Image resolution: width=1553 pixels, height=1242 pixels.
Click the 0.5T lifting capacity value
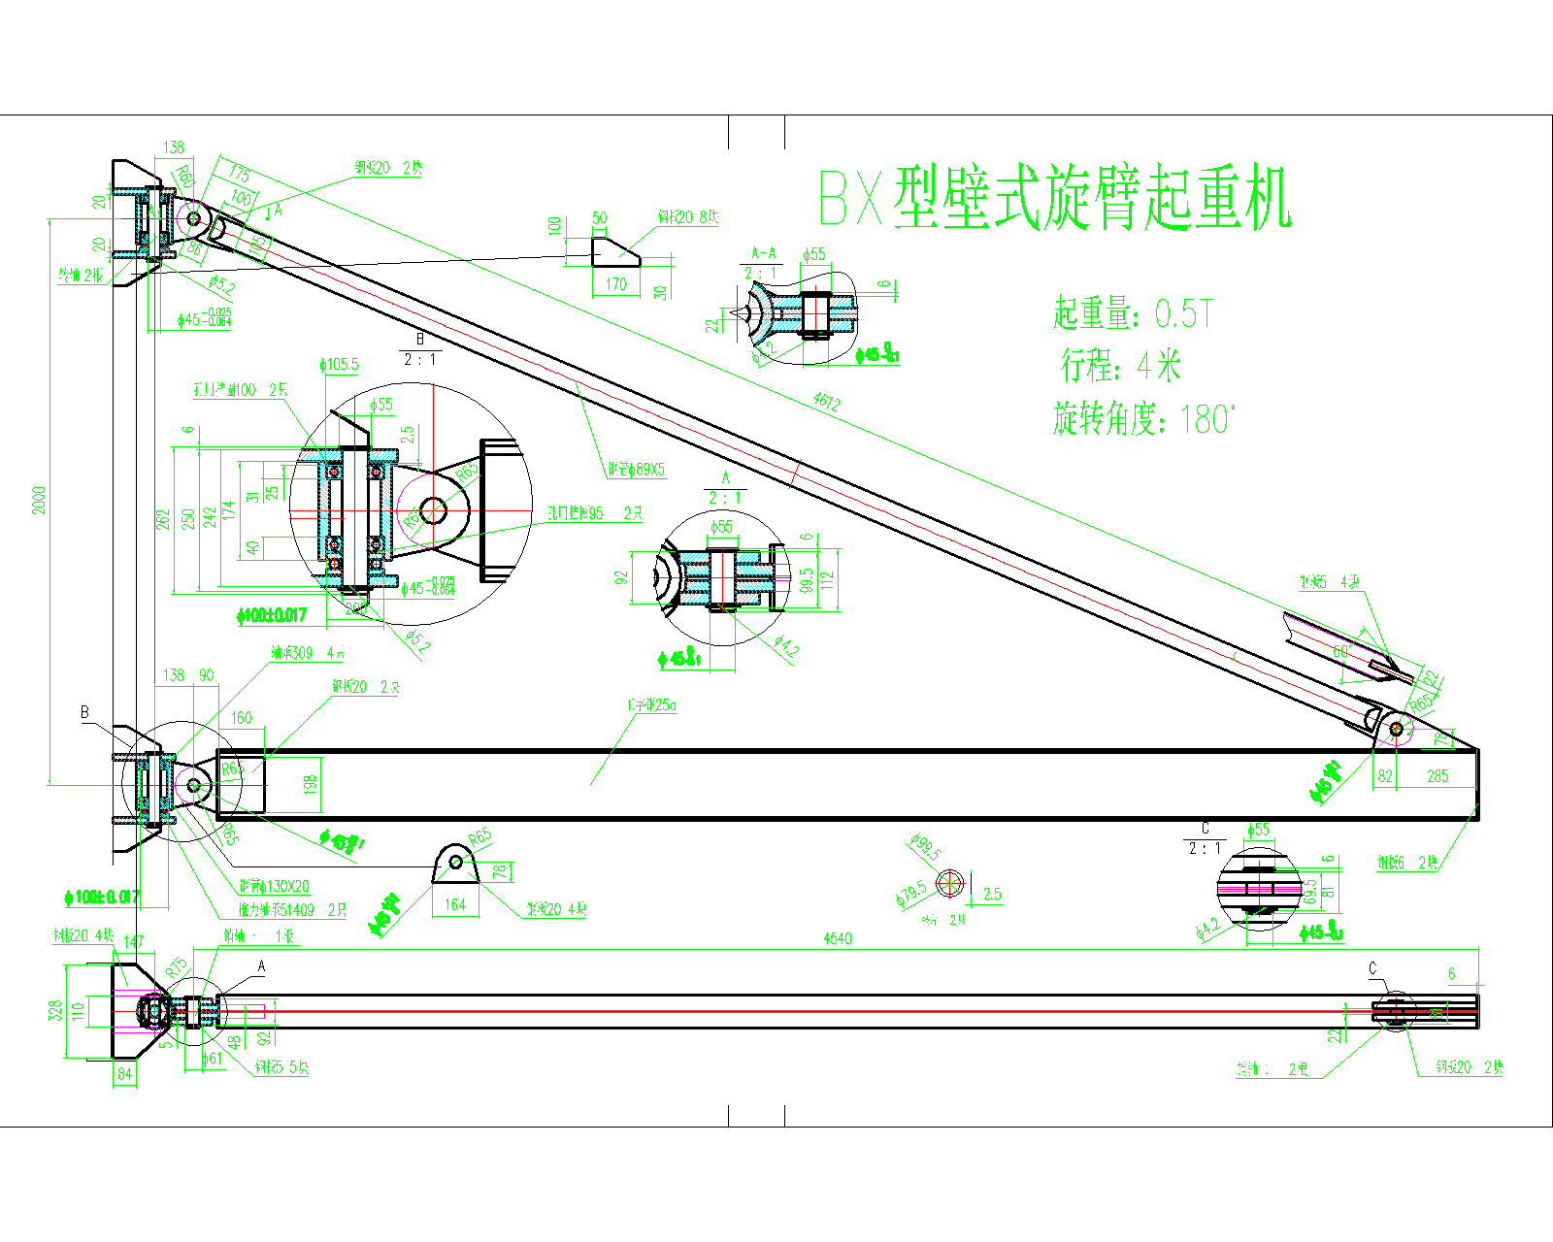pos(1183,313)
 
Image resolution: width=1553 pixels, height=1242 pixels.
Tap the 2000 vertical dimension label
pos(39,501)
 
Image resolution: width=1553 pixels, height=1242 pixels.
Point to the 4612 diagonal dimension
pos(826,403)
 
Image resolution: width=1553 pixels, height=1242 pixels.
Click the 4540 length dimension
pos(837,938)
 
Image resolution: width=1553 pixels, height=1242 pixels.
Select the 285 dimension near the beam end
pos(1437,776)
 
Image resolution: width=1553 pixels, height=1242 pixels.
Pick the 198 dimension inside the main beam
pos(311,784)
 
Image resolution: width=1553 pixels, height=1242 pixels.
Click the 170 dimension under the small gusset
pos(616,284)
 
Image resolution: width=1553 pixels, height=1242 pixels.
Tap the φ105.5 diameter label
pos(339,365)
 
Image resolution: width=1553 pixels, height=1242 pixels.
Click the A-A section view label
pos(764,253)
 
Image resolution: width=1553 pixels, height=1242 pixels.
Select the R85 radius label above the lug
pos(479,836)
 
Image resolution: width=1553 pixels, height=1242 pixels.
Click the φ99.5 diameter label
pos(926,847)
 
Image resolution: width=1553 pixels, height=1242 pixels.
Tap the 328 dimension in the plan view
pos(56,1010)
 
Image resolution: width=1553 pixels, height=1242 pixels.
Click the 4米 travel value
pos(1159,367)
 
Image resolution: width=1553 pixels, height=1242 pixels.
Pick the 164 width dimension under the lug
pos(455,904)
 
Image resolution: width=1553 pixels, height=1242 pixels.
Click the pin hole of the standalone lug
pos(455,862)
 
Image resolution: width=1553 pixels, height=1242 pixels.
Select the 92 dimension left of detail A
pos(621,578)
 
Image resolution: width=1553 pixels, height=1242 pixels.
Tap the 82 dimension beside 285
pos(1385,776)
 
